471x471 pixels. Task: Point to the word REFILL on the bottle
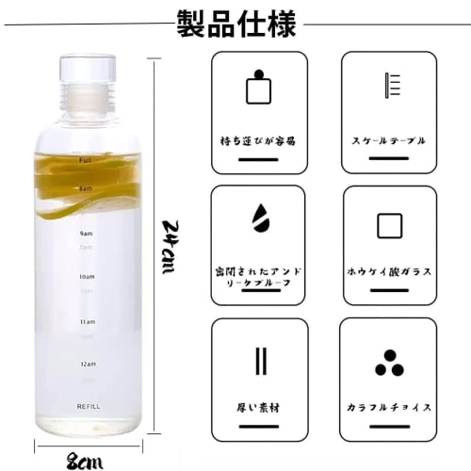(x=88, y=406)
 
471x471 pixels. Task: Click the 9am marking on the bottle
(x=87, y=233)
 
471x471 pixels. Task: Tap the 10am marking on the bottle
(x=87, y=277)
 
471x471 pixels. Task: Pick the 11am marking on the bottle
(x=87, y=321)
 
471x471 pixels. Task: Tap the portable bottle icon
(x=259, y=89)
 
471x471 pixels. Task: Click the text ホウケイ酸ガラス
(x=388, y=272)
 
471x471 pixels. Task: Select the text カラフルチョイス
(x=388, y=408)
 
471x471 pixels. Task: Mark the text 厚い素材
(x=259, y=408)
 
